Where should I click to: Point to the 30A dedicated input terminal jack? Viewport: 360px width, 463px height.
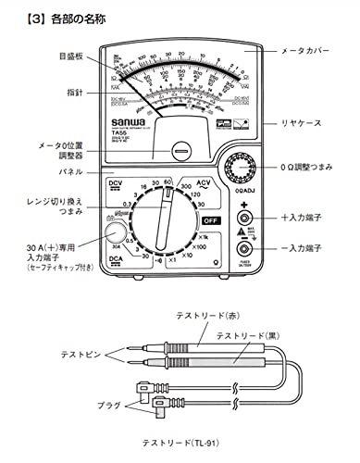point(115,233)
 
